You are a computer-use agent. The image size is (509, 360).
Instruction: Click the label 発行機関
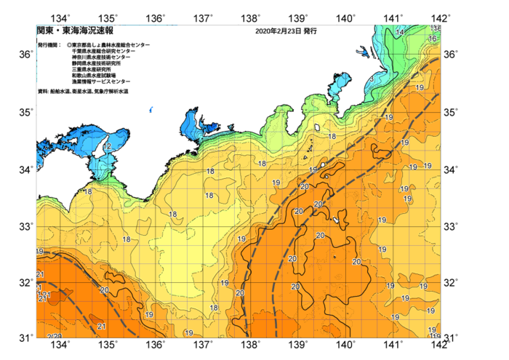click(x=49, y=45)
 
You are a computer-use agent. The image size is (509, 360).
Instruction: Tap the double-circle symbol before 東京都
click(x=69, y=45)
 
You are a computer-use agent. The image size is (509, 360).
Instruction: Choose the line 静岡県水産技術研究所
click(x=101, y=63)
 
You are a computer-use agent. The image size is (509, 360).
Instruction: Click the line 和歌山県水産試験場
click(x=98, y=75)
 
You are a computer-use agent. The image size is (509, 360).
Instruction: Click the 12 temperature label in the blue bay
click(x=107, y=147)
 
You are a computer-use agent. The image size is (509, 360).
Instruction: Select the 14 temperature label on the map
click(x=399, y=33)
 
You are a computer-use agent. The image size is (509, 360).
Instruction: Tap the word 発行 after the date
click(x=310, y=32)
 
